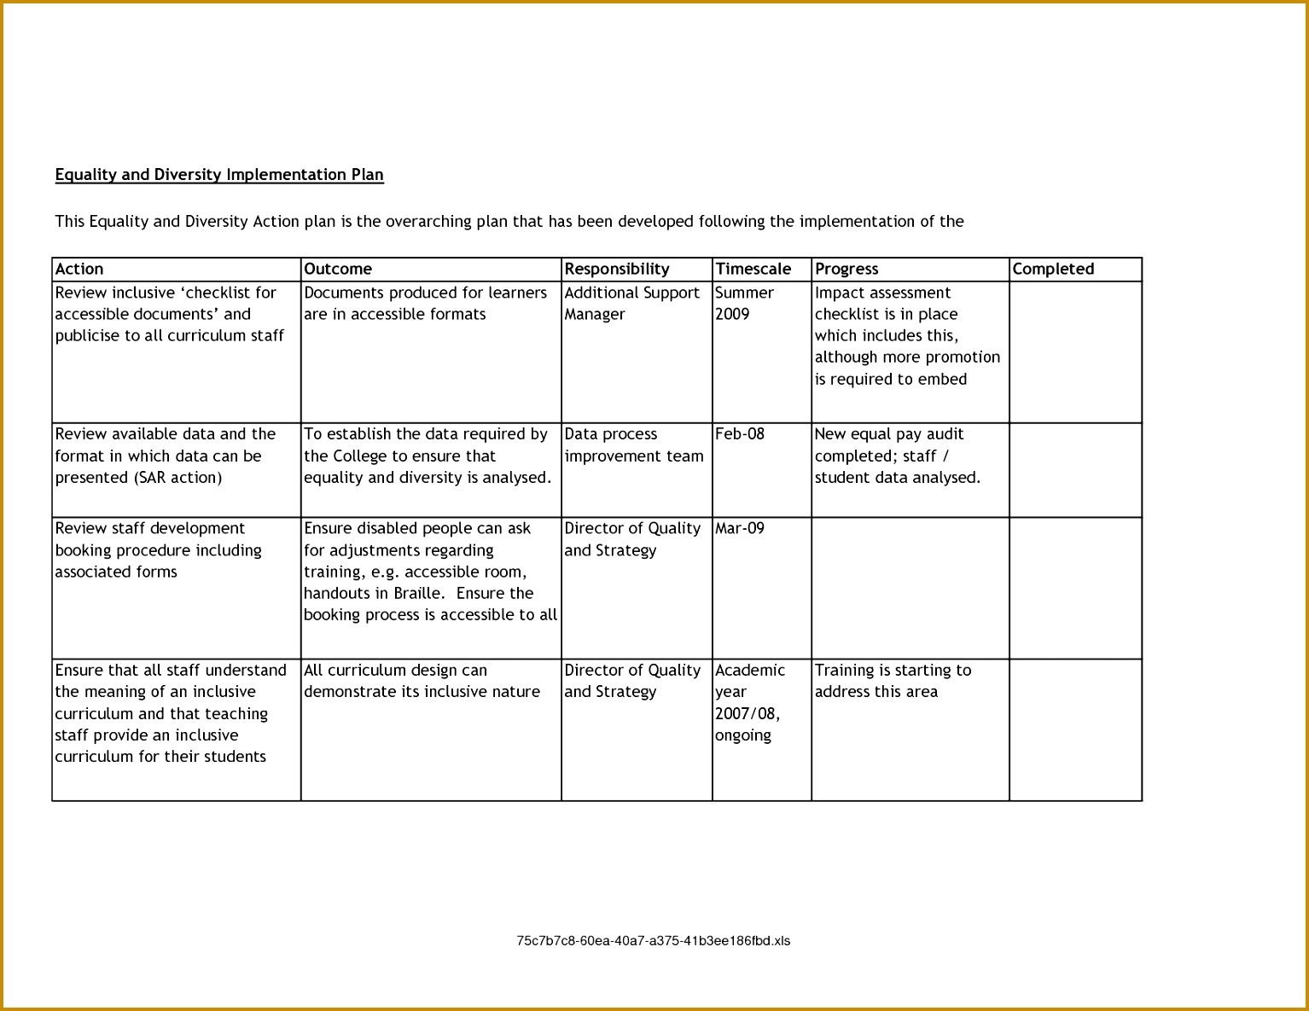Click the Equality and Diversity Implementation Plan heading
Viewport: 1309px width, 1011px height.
tap(219, 175)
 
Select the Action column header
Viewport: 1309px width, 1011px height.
tap(79, 269)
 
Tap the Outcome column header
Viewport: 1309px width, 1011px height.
tap(338, 269)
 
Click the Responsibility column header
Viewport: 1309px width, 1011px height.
tap(617, 269)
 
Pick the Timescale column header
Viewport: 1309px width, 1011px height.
tap(753, 269)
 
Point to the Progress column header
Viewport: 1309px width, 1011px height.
tap(846, 269)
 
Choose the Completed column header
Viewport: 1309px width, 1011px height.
tap(1053, 269)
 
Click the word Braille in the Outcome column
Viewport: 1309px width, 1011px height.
tap(418, 594)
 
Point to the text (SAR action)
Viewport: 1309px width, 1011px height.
tap(177, 478)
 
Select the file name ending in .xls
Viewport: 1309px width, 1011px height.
tap(653, 941)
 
